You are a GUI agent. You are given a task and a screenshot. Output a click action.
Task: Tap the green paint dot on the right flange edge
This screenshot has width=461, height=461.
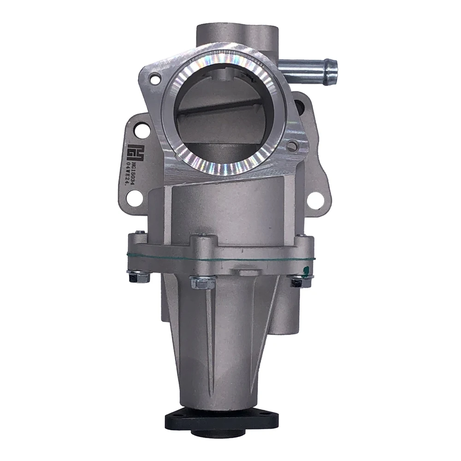(305, 269)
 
